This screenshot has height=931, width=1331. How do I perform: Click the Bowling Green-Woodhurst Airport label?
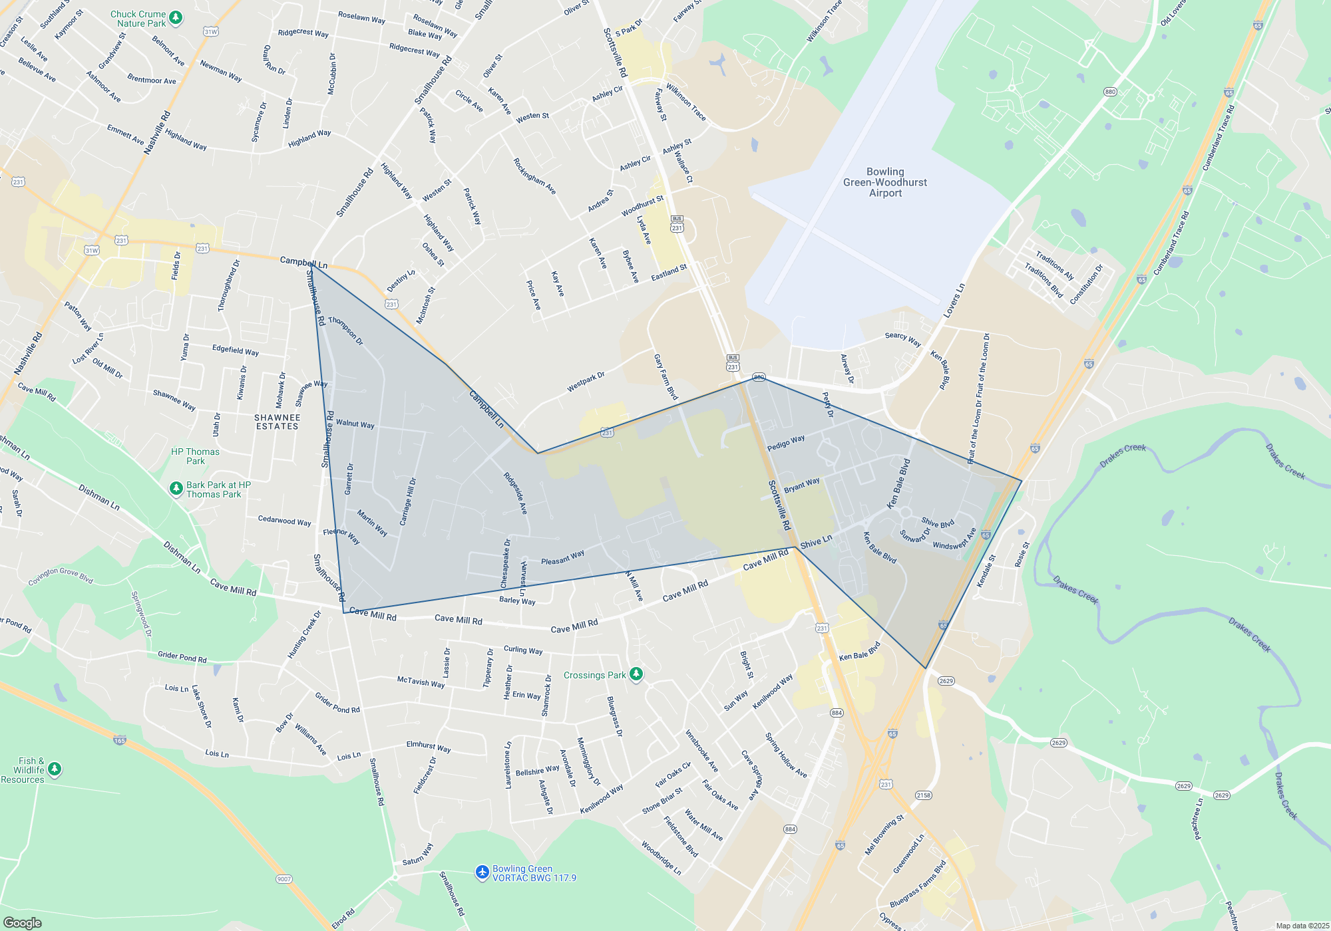tap(885, 182)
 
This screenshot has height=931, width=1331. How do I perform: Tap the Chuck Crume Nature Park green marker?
tap(176, 18)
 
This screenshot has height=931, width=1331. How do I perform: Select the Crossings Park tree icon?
tap(636, 674)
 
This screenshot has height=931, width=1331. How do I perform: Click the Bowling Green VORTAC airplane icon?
tap(482, 872)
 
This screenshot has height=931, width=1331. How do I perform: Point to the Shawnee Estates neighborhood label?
tap(278, 422)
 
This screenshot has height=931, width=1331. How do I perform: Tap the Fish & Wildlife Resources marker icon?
tap(55, 769)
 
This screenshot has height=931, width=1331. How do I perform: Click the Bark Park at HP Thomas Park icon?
tap(176, 489)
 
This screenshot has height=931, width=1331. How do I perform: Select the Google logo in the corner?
tap(23, 923)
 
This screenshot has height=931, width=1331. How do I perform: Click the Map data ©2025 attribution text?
tap(1302, 926)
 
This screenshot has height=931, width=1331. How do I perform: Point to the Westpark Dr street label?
tap(586, 382)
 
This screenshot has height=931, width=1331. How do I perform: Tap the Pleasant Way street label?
tap(562, 557)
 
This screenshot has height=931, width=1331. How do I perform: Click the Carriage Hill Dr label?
tap(408, 501)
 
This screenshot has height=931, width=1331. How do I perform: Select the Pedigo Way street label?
tap(786, 443)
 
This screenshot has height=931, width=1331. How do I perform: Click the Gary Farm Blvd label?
tap(665, 377)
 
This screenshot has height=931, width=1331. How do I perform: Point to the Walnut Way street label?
tap(355, 424)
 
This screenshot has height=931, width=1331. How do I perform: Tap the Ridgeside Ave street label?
tap(515, 493)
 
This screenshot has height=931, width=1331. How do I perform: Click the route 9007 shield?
tap(284, 879)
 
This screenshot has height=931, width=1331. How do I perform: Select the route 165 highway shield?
tap(120, 740)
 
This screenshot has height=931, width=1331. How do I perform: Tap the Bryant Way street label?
tap(802, 485)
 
